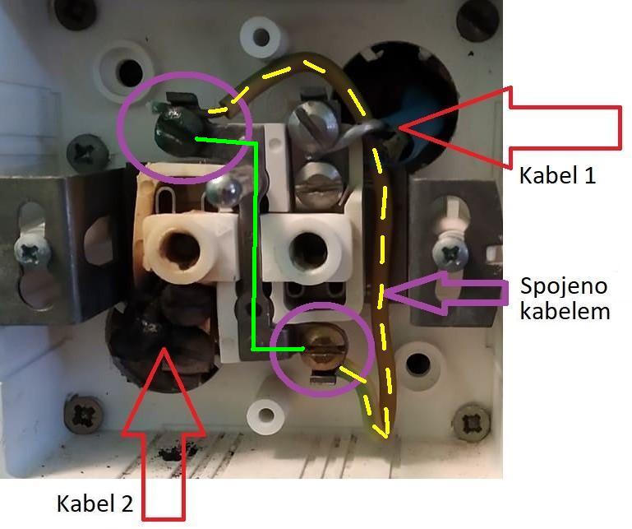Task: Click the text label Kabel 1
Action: point(556,175)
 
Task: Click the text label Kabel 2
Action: point(95,503)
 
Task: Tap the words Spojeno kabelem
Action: point(564,299)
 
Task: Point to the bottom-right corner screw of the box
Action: point(470,421)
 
